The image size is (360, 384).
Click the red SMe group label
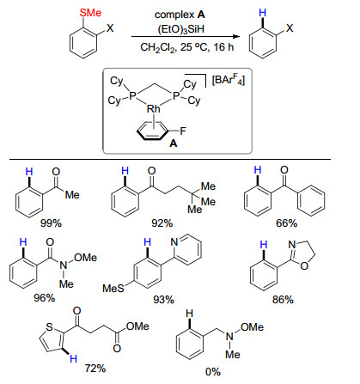[90, 13]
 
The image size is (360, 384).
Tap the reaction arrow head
[236, 36]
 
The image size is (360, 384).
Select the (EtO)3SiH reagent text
[181, 29]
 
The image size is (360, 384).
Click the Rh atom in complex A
[154, 109]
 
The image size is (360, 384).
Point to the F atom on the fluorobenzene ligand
[183, 131]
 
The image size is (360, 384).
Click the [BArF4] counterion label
[229, 80]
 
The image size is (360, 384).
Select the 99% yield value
[51, 223]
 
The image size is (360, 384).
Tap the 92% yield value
[162, 223]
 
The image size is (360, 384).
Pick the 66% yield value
[286, 223]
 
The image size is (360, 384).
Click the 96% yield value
[45, 298]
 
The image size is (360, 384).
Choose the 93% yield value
[163, 300]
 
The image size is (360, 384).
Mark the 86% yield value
[283, 300]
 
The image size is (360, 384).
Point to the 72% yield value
[95, 369]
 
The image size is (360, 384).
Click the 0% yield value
[213, 372]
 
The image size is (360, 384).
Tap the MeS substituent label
[113, 289]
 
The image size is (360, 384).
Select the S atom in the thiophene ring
[50, 327]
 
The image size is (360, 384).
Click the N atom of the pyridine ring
[174, 242]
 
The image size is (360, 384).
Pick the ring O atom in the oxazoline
[304, 266]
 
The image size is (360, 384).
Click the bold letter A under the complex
[174, 143]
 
